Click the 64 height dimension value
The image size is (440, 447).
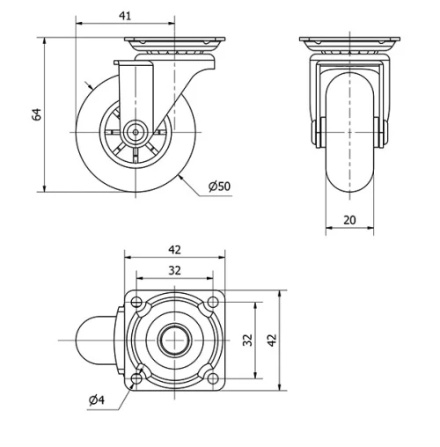click(x=37, y=114)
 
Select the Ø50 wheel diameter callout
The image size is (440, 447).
click(x=219, y=186)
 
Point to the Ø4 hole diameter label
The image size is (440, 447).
click(x=96, y=401)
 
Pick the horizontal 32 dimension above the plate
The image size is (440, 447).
click(x=174, y=270)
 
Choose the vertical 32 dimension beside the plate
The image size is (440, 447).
click(x=248, y=340)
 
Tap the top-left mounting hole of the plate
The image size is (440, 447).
click(x=136, y=303)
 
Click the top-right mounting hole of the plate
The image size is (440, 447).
click(x=211, y=303)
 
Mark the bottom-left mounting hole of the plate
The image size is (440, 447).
click(x=136, y=377)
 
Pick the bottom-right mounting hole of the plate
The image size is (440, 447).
click(x=211, y=377)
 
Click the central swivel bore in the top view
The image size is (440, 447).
click(x=174, y=340)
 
